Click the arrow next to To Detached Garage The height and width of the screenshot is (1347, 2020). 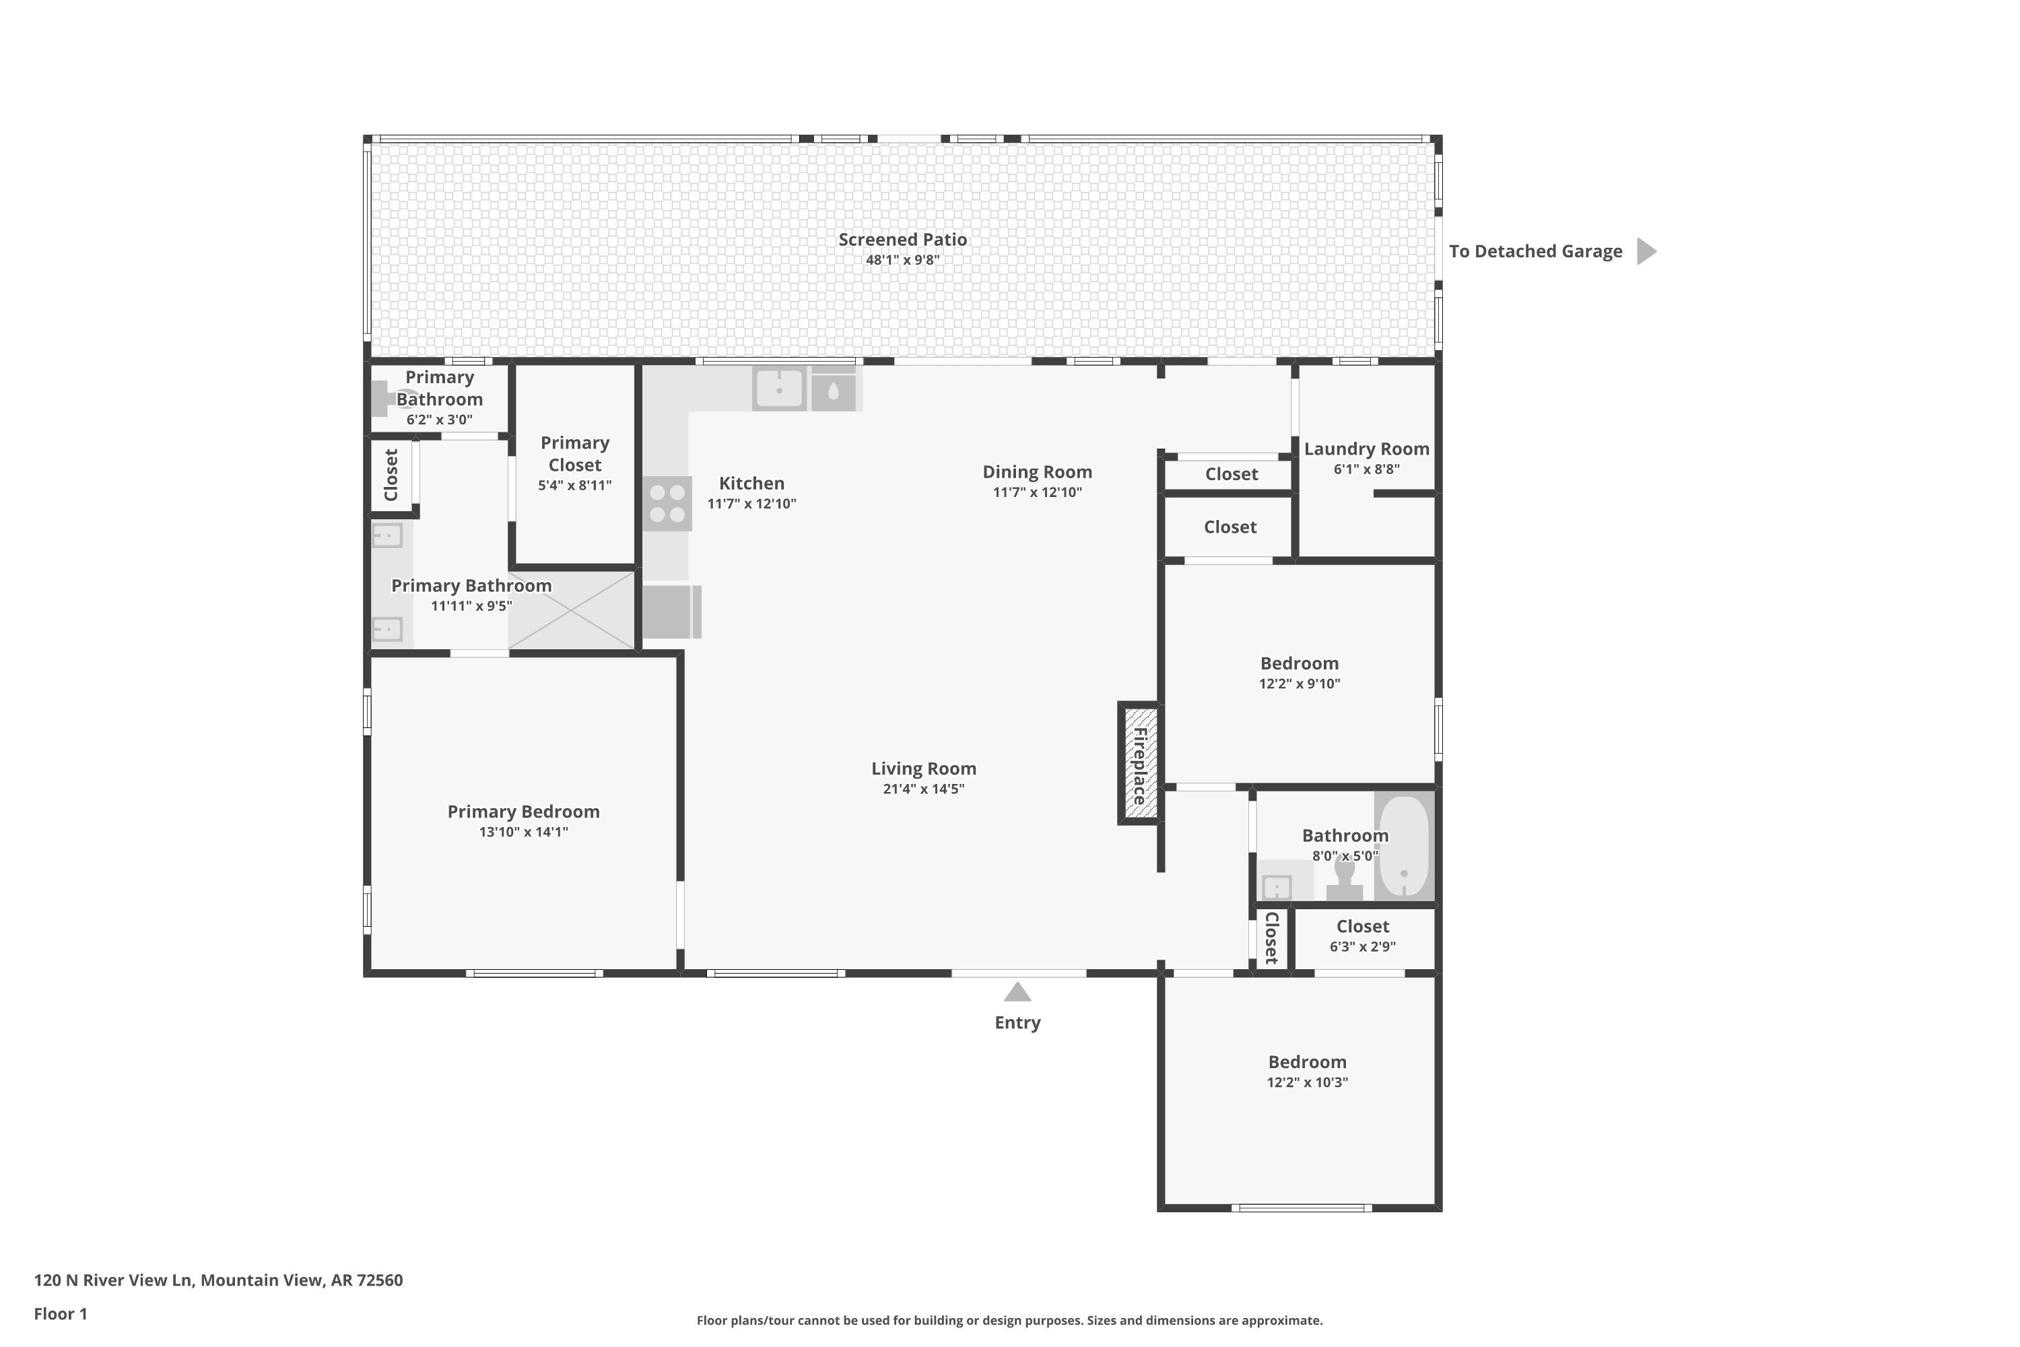pyautogui.click(x=1646, y=252)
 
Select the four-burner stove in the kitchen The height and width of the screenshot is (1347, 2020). pyautogui.click(x=667, y=503)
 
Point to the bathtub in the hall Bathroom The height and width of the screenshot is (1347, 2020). pyautogui.click(x=1404, y=846)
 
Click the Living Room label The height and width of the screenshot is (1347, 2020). pyautogui.click(x=924, y=769)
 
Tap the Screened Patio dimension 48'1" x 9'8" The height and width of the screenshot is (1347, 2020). pyautogui.click(x=903, y=260)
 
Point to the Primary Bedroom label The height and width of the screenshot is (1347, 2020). pyautogui.click(x=524, y=812)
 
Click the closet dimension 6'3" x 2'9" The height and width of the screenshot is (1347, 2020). pyautogui.click(x=1363, y=947)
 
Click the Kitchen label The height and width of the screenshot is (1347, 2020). pyautogui.click(x=751, y=484)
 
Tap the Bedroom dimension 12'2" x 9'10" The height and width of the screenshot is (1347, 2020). pyautogui.click(x=1300, y=684)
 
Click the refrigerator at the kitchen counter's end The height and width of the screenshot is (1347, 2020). pyautogui.click(x=671, y=612)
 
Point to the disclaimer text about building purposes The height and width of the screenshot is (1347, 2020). pyautogui.click(x=1009, y=1320)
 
